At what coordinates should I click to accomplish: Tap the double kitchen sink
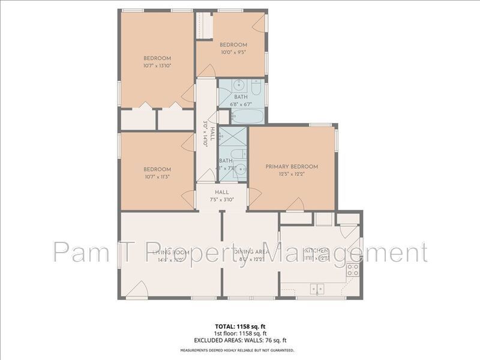point(317,289)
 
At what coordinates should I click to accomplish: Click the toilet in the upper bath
point(256,89)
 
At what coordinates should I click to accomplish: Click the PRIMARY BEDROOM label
point(292,167)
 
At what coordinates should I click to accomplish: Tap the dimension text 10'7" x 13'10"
point(157,66)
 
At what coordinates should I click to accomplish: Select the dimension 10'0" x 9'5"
point(233,52)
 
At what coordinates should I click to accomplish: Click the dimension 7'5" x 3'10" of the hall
point(222,200)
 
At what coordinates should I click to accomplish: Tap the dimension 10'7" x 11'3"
point(157,177)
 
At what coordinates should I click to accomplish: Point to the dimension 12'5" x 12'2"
point(292,175)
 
